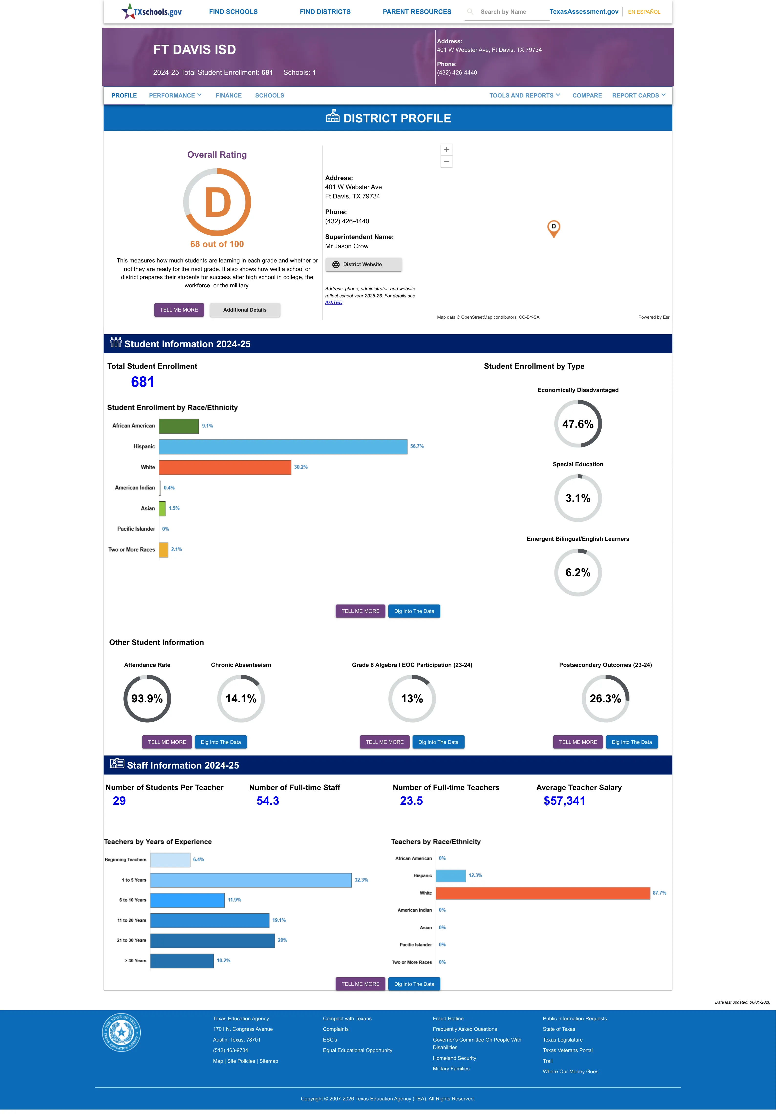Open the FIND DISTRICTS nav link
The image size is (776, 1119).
[x=325, y=12]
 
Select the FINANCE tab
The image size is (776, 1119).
[x=229, y=95]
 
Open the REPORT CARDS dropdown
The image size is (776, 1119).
[x=638, y=95]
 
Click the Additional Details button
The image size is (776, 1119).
[x=244, y=310]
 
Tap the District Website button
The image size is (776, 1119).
[x=363, y=265]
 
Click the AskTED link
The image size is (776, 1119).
[x=334, y=303]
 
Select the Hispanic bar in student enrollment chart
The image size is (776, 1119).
[x=283, y=446]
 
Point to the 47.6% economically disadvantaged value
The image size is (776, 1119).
[x=578, y=424]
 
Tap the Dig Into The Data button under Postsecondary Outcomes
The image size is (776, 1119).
[x=632, y=742]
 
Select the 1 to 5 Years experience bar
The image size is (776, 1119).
[x=251, y=880]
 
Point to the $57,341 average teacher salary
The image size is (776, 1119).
[x=564, y=801]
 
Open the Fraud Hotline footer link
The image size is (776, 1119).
[x=448, y=1018]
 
